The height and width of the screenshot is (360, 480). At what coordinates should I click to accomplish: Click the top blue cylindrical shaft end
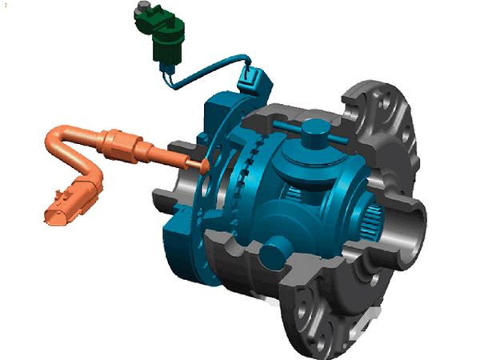click(x=313, y=129)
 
